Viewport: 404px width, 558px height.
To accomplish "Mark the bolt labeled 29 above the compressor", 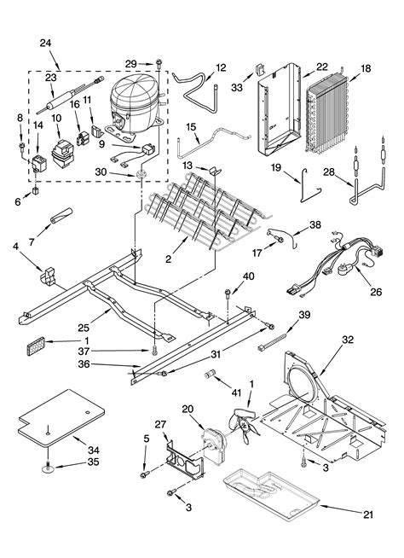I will tap(160, 64).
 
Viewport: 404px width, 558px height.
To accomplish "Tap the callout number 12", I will tap(221, 67).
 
